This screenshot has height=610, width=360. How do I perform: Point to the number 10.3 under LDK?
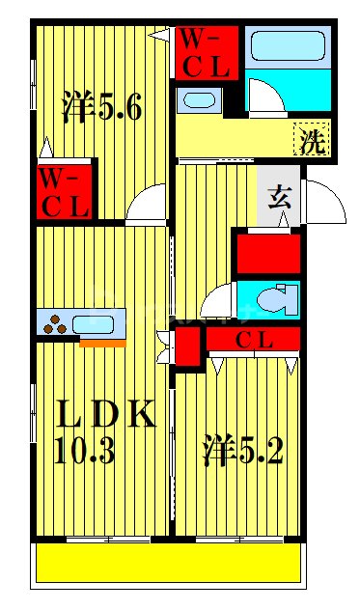point(87,452)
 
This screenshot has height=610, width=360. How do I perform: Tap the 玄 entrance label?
point(279,200)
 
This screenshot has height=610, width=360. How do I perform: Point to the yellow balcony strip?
point(169,563)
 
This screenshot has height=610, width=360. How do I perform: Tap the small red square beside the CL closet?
point(188,345)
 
